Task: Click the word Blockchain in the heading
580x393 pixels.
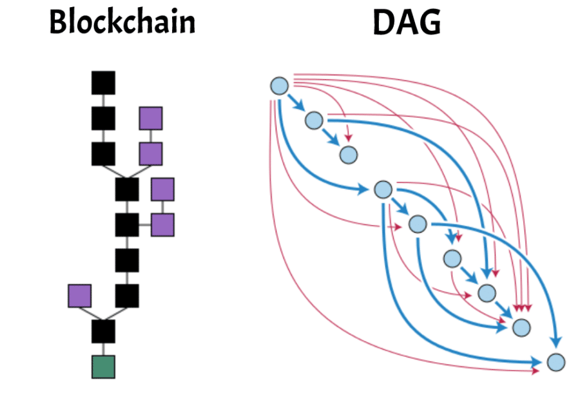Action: (x=122, y=23)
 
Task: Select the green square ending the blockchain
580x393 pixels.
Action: (x=103, y=367)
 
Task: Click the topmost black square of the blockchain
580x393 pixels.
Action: (x=103, y=82)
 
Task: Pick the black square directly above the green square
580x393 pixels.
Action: (x=103, y=331)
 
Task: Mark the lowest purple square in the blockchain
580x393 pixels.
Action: (x=80, y=296)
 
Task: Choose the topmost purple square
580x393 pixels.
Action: (x=151, y=119)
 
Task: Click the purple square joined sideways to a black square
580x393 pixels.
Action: (x=162, y=225)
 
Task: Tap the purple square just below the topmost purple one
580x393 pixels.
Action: (x=151, y=154)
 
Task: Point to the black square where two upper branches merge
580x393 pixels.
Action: (x=127, y=189)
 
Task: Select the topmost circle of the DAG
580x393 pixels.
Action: (x=278, y=86)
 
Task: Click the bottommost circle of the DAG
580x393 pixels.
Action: (x=556, y=362)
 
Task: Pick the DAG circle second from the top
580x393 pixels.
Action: (x=314, y=120)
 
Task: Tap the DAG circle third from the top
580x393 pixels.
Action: (x=348, y=155)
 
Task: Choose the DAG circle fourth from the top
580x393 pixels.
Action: (x=383, y=190)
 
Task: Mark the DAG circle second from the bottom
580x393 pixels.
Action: (x=521, y=327)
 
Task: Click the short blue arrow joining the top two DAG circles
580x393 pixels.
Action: (x=296, y=103)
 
